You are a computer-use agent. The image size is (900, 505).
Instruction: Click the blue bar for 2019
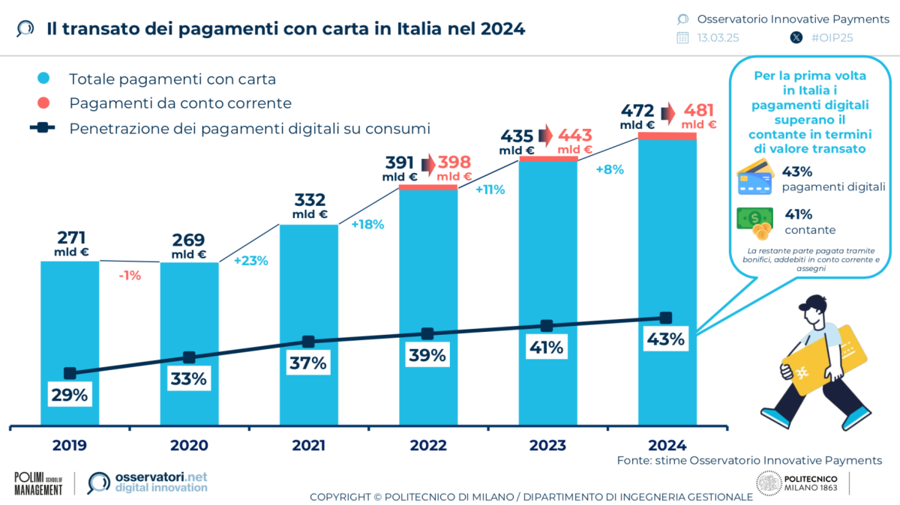pos(70,315)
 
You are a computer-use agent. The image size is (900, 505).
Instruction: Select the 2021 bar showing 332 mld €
pos(308,285)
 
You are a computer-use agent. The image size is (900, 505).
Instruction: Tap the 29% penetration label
pos(70,395)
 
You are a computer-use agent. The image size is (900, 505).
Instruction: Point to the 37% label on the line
pos(308,363)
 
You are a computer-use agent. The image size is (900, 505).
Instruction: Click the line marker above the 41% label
pos(547,326)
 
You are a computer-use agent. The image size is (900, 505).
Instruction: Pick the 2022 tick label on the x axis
pos(427,444)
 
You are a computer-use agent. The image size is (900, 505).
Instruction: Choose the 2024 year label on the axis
pos(665,444)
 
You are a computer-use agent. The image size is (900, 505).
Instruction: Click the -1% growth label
pos(130,276)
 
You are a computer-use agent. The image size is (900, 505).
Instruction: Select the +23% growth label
pos(250,261)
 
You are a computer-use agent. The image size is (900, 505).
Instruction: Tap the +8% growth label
pos(609,169)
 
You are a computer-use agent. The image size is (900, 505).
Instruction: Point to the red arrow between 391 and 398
pos(427,164)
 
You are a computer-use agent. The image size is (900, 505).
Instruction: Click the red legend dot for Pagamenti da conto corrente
pos(43,103)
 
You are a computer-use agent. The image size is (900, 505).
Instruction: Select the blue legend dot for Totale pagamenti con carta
pos(43,79)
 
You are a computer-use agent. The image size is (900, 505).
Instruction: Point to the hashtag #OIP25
pos(832,37)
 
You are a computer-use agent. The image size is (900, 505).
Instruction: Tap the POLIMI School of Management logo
pos(38,483)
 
